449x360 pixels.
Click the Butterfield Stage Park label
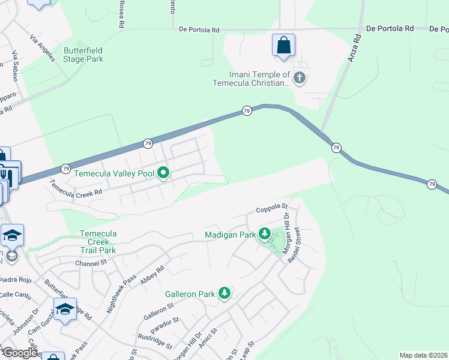83,55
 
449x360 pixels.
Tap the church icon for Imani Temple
300,77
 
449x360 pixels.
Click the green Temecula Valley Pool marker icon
163,174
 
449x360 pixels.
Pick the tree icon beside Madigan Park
264,235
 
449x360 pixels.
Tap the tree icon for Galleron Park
224,293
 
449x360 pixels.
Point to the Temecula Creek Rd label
76,190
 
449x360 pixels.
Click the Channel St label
91,263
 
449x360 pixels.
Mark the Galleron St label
158,311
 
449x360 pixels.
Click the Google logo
20,353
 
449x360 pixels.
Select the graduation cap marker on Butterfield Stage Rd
65,310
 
